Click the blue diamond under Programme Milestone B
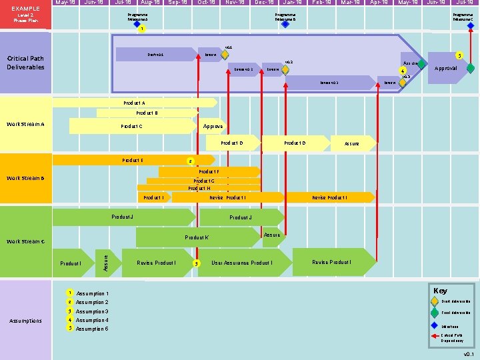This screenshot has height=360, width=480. pyautogui.click(x=285, y=24)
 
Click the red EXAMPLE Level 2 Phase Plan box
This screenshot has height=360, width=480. pyautogui.click(x=25, y=14)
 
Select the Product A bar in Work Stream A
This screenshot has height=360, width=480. pyautogui.click(x=133, y=103)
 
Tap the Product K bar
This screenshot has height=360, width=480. pyautogui.click(x=197, y=237)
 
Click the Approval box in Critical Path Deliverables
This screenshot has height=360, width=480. pyautogui.click(x=445, y=68)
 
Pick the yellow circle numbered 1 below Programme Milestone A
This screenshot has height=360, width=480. pyautogui.click(x=141, y=29)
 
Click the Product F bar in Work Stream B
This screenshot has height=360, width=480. pyautogui.click(x=209, y=172)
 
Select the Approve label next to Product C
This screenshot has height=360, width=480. pyautogui.click(x=213, y=126)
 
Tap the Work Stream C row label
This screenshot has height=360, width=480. pyautogui.click(x=25, y=241)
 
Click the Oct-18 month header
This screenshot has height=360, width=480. pyautogui.click(x=207, y=3)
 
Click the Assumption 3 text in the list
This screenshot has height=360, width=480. pyautogui.click(x=92, y=311)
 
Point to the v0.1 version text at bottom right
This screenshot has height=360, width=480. pyautogui.click(x=469, y=354)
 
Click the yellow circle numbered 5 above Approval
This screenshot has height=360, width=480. pyautogui.click(x=458, y=55)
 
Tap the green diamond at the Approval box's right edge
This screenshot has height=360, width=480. pyautogui.click(x=471, y=68)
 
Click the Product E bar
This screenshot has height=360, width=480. pyautogui.click(x=132, y=160)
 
